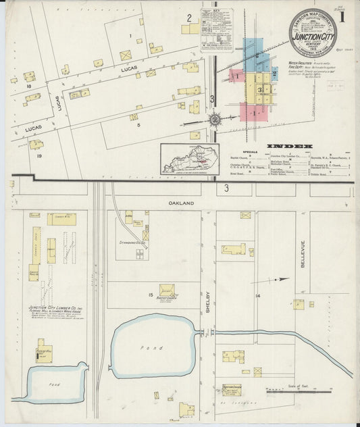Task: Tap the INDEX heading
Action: click(x=289, y=146)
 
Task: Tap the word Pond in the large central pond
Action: click(x=157, y=347)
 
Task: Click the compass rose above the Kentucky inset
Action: click(x=214, y=120)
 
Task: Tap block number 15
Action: click(x=151, y=295)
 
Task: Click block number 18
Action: click(x=28, y=86)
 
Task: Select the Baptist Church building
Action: click(x=166, y=291)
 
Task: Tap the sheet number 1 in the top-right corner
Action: click(x=345, y=14)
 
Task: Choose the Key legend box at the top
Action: click(x=216, y=21)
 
